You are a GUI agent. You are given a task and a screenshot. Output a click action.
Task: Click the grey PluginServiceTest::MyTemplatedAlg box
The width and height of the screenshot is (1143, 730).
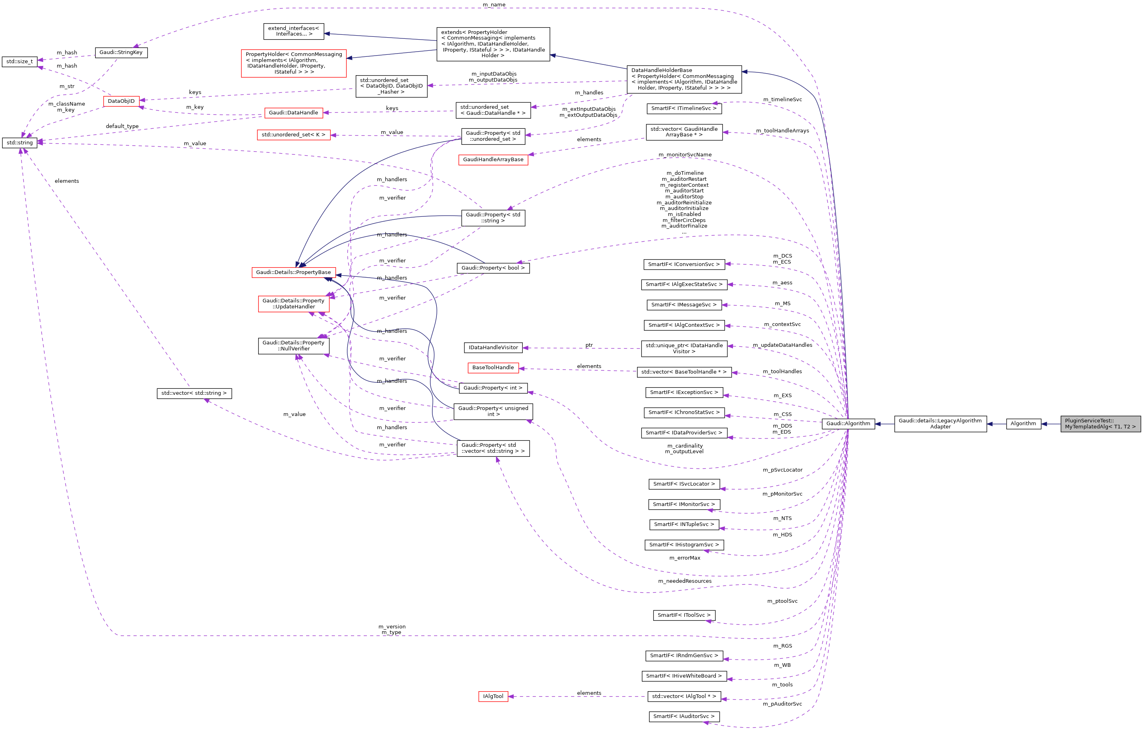pos(1100,424)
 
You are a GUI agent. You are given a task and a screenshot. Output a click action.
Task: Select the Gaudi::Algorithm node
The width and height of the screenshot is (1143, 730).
pos(848,424)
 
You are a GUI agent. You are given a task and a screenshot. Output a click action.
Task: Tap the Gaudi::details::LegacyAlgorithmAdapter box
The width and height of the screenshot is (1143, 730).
pos(940,424)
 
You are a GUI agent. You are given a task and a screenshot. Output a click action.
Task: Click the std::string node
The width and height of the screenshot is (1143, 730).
pos(20,142)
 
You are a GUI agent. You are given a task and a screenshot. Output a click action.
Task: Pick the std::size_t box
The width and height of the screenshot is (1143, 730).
pos(20,62)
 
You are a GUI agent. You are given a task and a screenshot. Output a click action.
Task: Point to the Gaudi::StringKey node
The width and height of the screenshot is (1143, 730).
pos(121,52)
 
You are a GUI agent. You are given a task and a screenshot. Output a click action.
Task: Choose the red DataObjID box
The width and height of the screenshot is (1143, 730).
pos(121,101)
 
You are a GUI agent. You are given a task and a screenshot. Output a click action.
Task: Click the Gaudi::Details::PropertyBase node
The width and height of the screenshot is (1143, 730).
pos(293,272)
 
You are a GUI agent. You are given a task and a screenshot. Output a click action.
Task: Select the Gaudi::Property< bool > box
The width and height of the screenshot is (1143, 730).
pos(493,268)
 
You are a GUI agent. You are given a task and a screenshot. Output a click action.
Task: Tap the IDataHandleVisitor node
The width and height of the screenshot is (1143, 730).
pos(493,348)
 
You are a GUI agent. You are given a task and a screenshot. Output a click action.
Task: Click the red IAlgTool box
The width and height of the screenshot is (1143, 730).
pos(493,696)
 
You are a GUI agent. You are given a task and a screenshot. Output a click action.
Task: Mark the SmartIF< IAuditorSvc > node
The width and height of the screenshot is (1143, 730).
pos(684,716)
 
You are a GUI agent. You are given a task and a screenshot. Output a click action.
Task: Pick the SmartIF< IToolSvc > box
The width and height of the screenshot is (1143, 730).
pos(684,615)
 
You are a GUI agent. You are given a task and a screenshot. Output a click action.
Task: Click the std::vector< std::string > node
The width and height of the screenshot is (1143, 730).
pos(194,393)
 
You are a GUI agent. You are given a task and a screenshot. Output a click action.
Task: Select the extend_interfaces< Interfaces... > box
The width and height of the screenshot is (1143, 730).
pos(293,31)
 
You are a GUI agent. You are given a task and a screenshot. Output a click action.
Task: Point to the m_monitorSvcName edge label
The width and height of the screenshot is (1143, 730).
pos(685,155)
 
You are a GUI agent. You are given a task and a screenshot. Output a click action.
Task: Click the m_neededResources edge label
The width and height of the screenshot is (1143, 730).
pos(685,581)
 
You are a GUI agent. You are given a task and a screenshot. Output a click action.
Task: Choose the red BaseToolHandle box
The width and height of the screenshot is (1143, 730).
pos(493,368)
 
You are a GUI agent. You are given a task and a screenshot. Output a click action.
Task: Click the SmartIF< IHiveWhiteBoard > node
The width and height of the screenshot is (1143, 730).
pos(684,676)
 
